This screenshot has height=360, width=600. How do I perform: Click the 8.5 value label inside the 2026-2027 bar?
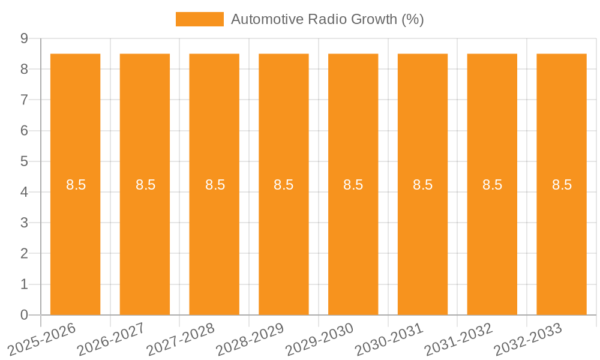pyautogui.click(x=145, y=185)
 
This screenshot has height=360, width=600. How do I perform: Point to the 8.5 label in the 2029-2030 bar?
pyautogui.click(x=353, y=185)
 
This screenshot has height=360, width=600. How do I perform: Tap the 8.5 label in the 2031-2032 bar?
pyautogui.click(x=492, y=185)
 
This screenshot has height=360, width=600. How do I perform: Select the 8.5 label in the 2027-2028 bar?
pyautogui.click(x=215, y=185)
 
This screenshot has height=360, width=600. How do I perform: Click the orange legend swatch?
pyautogui.click(x=199, y=19)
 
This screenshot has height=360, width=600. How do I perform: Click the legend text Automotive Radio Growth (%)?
pyautogui.click(x=327, y=19)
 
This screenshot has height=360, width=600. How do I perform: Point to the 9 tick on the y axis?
pyautogui.click(x=25, y=38)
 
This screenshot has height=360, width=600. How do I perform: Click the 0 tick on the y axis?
pyautogui.click(x=25, y=315)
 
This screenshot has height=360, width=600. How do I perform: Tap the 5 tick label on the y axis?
pyautogui.click(x=25, y=161)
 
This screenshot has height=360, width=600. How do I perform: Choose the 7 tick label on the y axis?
pyautogui.click(x=25, y=100)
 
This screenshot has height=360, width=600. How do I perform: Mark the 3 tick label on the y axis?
pyautogui.click(x=25, y=223)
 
